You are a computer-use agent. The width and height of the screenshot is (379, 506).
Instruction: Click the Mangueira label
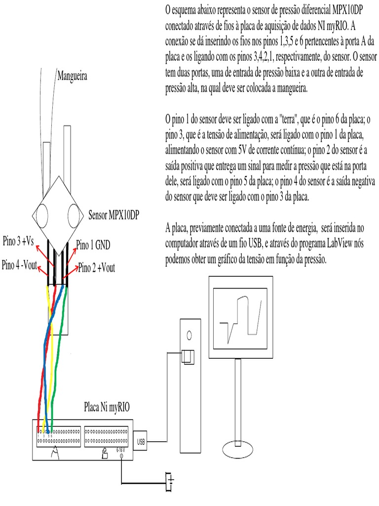click(72, 76)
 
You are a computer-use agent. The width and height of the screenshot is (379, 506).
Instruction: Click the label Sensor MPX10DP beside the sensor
click(114, 215)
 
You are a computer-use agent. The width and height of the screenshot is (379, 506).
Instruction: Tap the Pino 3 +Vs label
click(18, 241)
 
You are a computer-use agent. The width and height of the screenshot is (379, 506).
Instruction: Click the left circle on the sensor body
click(41, 215)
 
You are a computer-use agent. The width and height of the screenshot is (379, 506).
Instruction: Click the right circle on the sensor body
click(75, 214)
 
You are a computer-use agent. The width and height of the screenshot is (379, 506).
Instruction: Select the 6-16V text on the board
click(121, 450)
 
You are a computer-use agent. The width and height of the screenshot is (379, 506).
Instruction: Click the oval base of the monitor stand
click(241, 449)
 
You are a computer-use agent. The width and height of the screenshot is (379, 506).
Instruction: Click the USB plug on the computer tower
click(188, 357)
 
